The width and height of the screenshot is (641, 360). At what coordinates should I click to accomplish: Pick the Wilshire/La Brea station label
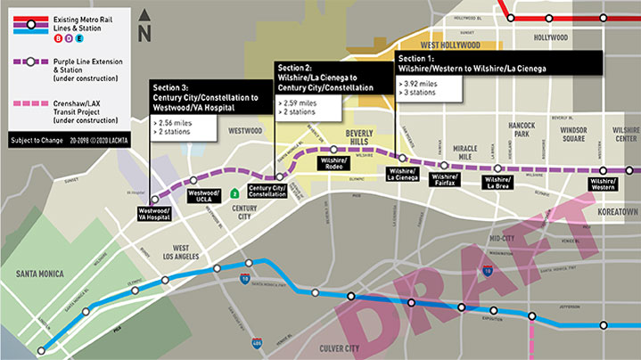pos(497,181)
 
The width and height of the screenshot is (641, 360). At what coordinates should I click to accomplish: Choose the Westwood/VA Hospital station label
pos(154,215)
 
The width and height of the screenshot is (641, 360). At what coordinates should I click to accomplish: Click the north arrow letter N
pos(146,34)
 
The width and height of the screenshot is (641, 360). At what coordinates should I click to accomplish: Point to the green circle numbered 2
pos(234,192)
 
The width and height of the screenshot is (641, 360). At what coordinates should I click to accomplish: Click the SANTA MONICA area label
pos(35,274)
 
